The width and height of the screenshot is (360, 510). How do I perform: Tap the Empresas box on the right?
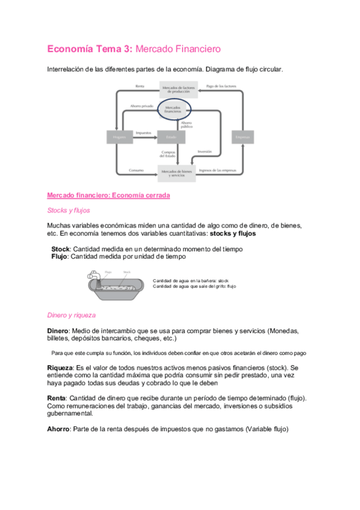coord(243,137)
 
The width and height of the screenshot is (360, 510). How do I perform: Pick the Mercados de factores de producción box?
coord(178,89)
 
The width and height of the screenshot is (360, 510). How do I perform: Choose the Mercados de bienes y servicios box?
coord(177,173)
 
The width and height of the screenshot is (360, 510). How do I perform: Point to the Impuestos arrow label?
coord(143,132)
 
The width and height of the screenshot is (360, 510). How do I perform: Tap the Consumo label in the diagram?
coord(136,170)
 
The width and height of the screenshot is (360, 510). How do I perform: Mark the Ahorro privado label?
coord(138,106)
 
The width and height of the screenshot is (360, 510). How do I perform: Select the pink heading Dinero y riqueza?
coord(71,315)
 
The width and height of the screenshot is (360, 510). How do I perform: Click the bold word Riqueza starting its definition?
coord(59,367)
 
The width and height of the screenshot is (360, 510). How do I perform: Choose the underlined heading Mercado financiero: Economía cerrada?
coord(108,195)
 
